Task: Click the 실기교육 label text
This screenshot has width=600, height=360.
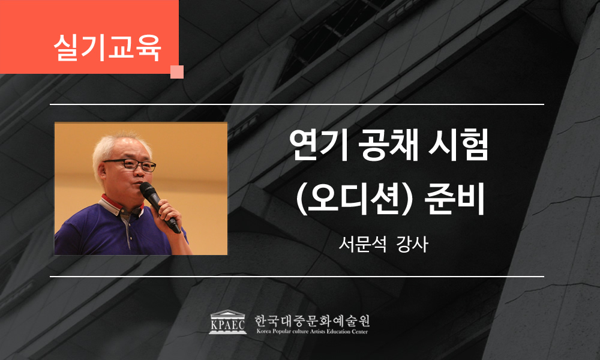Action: click(107, 47)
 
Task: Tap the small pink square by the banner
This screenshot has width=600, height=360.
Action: click(177, 72)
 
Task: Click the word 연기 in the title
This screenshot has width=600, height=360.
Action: click(319, 145)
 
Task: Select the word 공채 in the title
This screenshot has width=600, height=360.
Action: click(388, 145)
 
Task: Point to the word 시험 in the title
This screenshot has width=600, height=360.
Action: click(458, 145)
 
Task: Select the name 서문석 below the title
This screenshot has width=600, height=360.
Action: click(362, 244)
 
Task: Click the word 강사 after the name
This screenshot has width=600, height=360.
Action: click(412, 244)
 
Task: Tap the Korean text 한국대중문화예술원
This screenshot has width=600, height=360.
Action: click(312, 320)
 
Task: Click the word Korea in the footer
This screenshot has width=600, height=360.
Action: click(263, 332)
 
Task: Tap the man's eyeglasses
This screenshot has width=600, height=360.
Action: click(130, 165)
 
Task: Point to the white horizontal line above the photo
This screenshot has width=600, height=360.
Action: click(297, 104)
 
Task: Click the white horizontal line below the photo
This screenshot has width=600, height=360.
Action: click(297, 276)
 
